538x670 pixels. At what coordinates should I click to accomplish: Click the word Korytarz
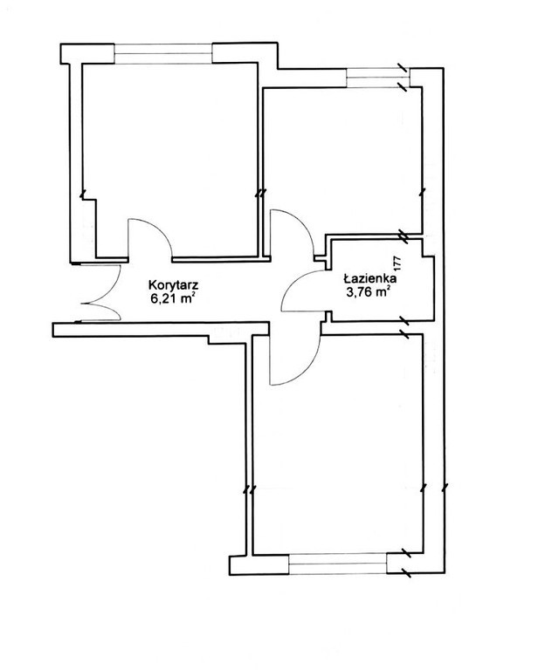pos(173,284)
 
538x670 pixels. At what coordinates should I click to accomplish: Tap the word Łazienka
pos(370,278)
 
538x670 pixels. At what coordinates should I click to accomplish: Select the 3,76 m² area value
pos(369,292)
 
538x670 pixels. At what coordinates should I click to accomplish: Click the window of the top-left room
pos(163,53)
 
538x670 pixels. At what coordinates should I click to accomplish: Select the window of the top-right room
pos(377,78)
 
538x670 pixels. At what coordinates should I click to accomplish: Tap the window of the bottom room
pos(338,564)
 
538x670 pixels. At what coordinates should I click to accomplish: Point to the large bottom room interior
pos(338,444)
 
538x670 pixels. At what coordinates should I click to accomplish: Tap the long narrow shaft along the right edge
pos(433,320)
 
